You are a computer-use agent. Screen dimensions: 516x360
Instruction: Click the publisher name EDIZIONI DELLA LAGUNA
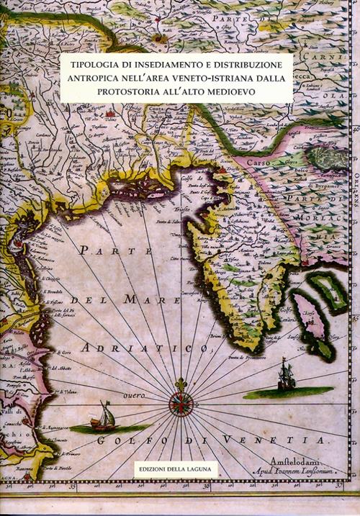point(176,469)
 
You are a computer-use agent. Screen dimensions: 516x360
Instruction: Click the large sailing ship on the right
point(286,375)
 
